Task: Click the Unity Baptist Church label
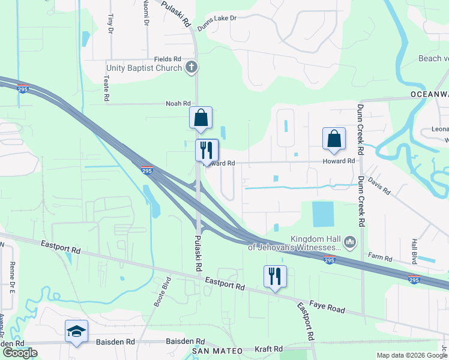144,68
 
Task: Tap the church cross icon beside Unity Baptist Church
191,67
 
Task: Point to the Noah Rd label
178,104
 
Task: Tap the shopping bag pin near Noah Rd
200,118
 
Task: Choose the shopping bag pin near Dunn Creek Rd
334,139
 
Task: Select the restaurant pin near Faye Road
275,277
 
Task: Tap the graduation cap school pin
76,332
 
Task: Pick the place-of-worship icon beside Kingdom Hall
351,243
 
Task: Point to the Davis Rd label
379,184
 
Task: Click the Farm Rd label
380,259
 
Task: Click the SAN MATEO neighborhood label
217,350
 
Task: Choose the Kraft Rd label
268,349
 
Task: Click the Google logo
20,353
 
